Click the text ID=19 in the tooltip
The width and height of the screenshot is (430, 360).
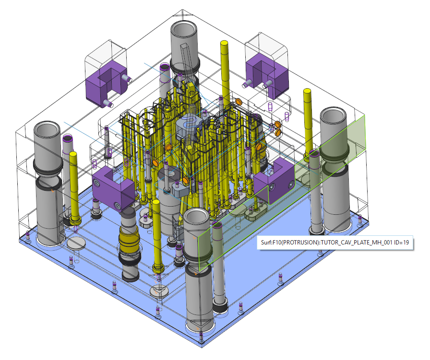[402, 242]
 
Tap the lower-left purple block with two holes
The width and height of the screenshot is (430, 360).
[112, 188]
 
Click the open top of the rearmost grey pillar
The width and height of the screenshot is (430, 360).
[184, 29]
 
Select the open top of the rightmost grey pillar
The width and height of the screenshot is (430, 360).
[333, 115]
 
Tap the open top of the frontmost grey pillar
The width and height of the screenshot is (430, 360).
[196, 217]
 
